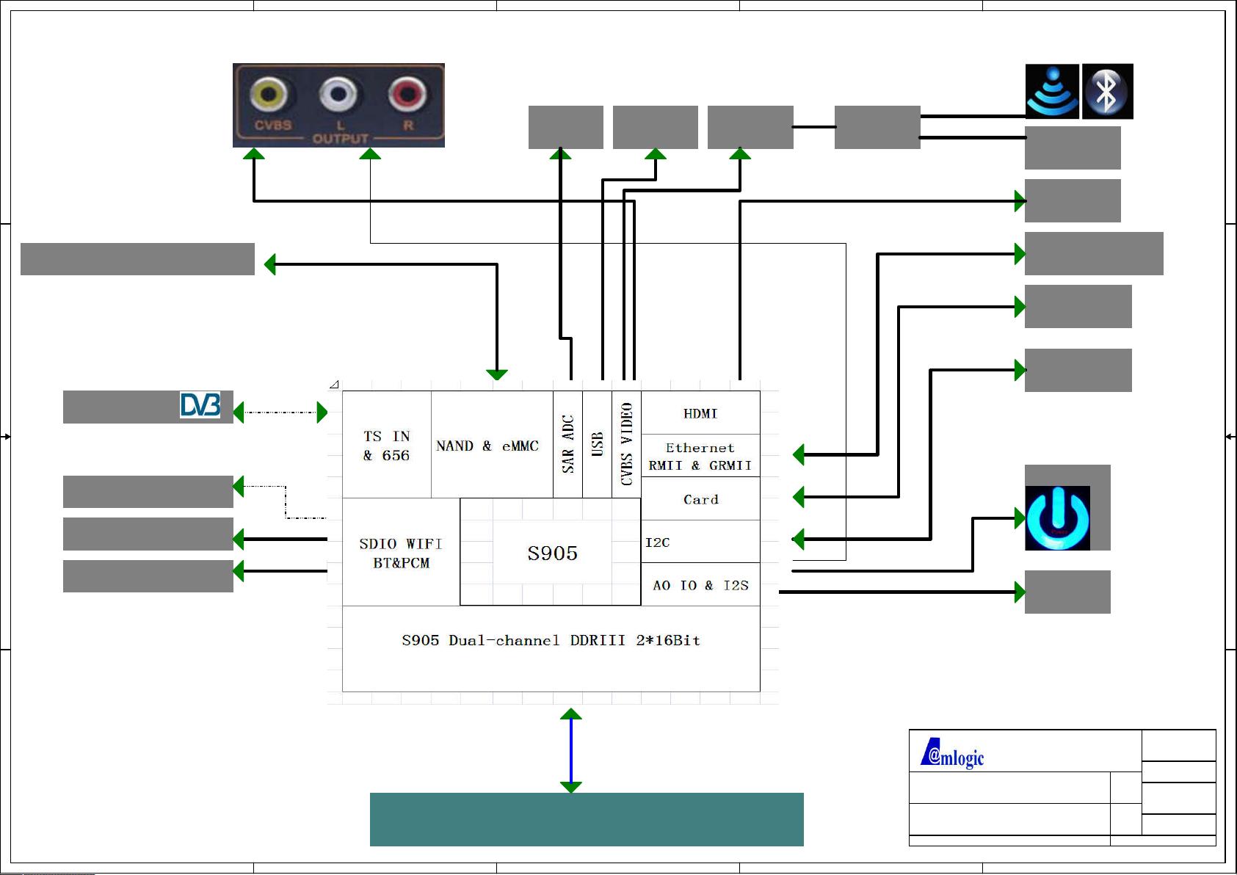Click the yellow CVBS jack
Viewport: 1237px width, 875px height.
(x=269, y=95)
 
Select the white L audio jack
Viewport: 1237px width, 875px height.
(x=338, y=95)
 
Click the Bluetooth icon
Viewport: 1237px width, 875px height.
(x=1107, y=91)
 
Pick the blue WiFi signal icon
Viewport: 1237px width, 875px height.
(x=1052, y=91)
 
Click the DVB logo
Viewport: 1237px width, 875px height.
(x=200, y=405)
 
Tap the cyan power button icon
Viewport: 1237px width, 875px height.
(x=1057, y=518)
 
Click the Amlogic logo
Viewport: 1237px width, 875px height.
(x=953, y=754)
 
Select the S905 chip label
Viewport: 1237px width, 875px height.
(x=552, y=553)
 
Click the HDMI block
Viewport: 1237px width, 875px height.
(x=700, y=413)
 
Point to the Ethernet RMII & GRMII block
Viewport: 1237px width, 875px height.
(x=700, y=456)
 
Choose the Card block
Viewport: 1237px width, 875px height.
(x=700, y=499)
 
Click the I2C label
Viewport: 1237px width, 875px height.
(x=658, y=542)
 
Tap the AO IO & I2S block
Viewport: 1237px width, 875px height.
(x=700, y=585)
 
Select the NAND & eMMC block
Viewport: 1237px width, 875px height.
(x=487, y=446)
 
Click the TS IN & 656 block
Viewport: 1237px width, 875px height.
(x=386, y=446)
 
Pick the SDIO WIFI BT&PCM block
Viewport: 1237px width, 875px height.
(x=401, y=553)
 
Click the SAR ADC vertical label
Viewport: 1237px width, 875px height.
(x=567, y=444)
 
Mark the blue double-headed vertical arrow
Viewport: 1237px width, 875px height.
(x=570, y=750)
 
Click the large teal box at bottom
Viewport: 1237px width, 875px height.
(x=586, y=819)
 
